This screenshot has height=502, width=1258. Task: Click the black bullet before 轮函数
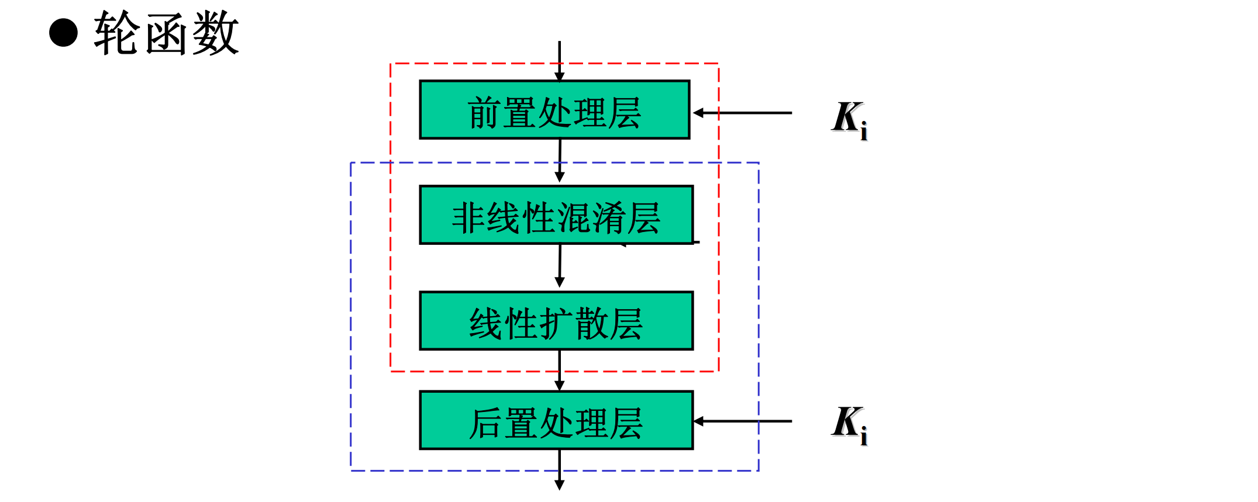coord(63,33)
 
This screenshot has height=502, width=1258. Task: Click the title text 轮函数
coord(166,34)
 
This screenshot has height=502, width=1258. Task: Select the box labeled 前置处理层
coord(554,110)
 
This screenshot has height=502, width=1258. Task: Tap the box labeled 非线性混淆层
coord(556,215)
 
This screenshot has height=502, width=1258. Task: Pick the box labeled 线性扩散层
coord(556,321)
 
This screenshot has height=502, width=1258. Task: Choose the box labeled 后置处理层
coord(556,420)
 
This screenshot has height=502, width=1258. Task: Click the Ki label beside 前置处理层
coord(849,119)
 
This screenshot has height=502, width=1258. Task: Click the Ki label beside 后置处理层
coord(849,424)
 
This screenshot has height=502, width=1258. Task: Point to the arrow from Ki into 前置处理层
coord(743,113)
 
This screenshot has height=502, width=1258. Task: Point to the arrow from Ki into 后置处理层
coord(743,421)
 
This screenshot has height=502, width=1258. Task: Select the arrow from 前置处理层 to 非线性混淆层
coord(560,160)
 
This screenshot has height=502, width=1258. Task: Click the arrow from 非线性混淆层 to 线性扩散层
coord(560,266)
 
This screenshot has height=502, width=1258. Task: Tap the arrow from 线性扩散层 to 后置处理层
coord(560,370)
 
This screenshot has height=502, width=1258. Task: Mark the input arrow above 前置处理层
coord(560,61)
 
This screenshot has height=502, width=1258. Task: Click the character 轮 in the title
coord(117,34)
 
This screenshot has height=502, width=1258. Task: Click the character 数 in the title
coord(215,34)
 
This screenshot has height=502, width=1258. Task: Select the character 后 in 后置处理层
coord(485,423)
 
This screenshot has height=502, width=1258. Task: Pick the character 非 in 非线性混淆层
coord(468,218)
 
